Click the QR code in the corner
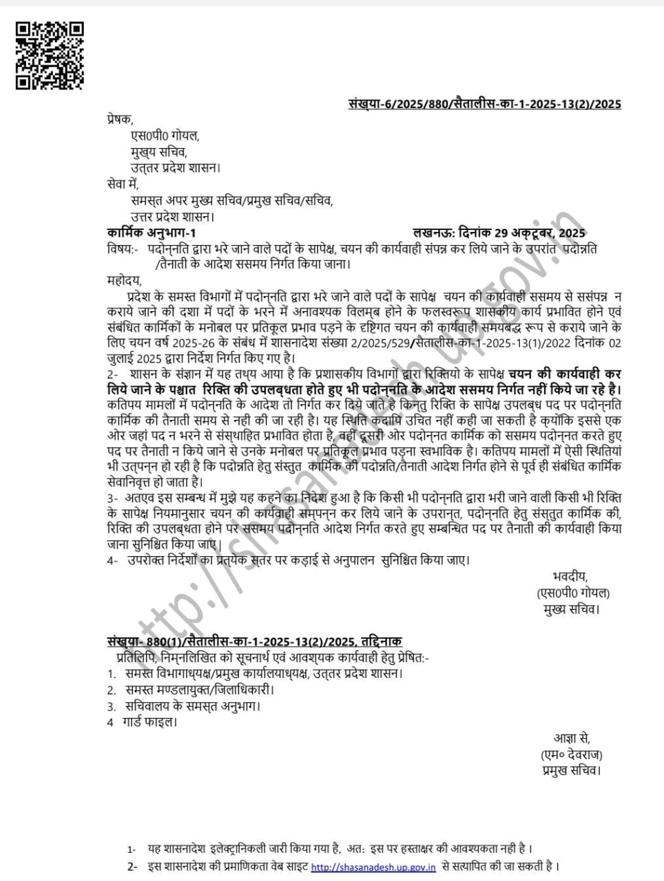tap(50, 55)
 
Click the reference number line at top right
tap(484, 104)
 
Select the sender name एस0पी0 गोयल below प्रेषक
tap(165, 136)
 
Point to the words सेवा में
tap(123, 184)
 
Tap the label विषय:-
tap(122, 248)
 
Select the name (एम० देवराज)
tap(572, 755)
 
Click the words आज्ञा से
tap(572, 739)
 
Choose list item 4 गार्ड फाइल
tap(142, 722)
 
